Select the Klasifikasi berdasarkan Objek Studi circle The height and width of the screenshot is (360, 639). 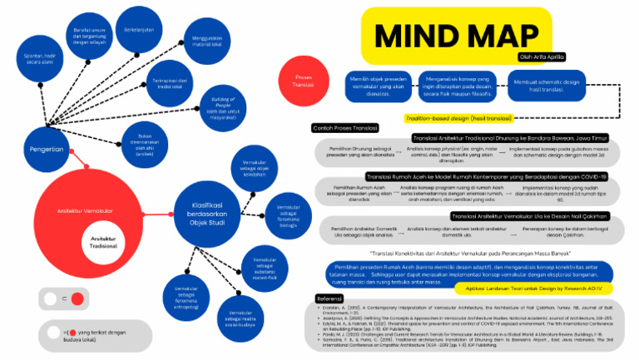click(207, 205)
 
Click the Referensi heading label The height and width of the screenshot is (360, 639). click(332, 297)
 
